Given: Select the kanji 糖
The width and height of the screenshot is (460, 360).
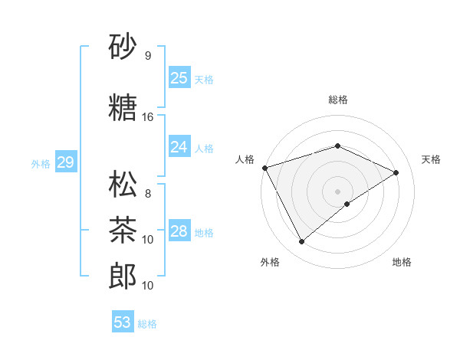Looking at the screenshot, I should (x=123, y=109).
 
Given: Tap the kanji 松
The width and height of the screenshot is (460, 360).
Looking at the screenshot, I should (x=123, y=186).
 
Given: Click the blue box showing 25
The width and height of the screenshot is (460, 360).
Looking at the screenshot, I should (x=179, y=78).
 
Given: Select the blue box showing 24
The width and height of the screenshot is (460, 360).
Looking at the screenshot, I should (x=179, y=147).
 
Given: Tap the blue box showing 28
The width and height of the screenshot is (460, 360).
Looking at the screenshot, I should (x=179, y=231).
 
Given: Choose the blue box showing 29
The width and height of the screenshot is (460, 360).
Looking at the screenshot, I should (x=65, y=162).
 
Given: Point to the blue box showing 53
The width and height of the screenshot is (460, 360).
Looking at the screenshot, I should (x=123, y=322).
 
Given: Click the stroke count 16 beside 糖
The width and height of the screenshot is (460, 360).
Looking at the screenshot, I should (x=148, y=117).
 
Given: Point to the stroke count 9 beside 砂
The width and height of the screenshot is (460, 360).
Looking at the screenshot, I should (x=148, y=56).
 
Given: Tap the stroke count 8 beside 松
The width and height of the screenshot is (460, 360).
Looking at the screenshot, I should (x=148, y=194).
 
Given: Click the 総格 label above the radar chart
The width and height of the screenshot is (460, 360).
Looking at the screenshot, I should (x=337, y=100).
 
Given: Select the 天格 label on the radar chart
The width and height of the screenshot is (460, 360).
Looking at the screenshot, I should (x=431, y=159).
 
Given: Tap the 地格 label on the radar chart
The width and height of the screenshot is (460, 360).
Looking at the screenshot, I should (x=402, y=262).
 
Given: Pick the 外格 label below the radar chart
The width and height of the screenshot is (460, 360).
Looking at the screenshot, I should (x=270, y=262).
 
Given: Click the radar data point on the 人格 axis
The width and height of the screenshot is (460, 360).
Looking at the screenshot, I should (x=264, y=168).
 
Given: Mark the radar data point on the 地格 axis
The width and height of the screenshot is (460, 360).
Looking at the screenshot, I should (x=347, y=204).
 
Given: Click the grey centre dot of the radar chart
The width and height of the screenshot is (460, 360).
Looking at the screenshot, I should (x=337, y=191).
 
